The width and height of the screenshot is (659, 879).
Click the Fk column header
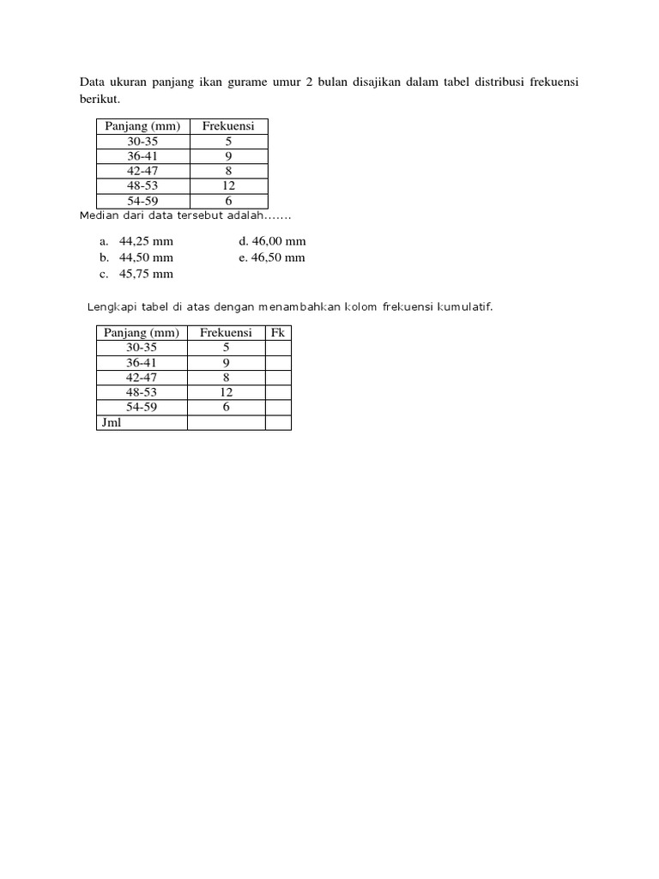tap(277, 333)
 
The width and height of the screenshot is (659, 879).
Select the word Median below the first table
tap(96, 215)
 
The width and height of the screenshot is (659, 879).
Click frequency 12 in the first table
tap(228, 185)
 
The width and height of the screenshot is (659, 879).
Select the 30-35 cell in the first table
tap(142, 142)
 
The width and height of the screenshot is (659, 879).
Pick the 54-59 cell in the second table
tap(142, 408)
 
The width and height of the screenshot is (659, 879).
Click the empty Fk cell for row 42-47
tap(278, 378)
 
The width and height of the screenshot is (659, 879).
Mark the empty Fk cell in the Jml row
tap(278, 422)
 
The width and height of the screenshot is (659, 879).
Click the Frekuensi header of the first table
tap(228, 126)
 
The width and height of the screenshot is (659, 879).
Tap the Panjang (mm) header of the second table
tap(142, 333)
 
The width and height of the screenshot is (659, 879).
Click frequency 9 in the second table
tap(226, 363)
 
